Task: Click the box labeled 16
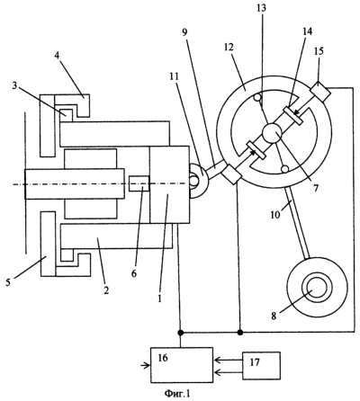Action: (182, 365)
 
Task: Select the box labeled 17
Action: (261, 366)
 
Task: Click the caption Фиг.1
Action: (177, 393)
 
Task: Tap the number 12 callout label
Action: (229, 48)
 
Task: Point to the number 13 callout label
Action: (261, 8)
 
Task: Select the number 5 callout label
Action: (9, 282)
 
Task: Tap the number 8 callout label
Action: (274, 316)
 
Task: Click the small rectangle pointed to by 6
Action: (139, 183)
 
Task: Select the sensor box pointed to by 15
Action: (319, 92)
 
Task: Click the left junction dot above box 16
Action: (180, 333)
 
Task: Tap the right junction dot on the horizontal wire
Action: (240, 333)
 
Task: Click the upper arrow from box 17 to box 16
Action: (228, 360)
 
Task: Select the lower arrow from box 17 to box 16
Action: (228, 372)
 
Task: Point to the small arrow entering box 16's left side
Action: (146, 365)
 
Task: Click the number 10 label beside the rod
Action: (276, 214)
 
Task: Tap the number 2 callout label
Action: (106, 290)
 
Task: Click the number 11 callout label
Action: (174, 76)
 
